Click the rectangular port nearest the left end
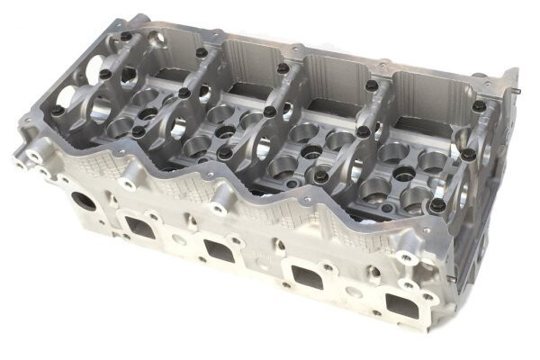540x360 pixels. click(x=140, y=226)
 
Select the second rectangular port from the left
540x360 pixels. click(x=219, y=249)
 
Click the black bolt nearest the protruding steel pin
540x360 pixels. click(x=479, y=106)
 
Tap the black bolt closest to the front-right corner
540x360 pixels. click(x=439, y=206)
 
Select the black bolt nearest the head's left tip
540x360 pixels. click(x=56, y=112)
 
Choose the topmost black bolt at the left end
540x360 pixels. click(x=125, y=37)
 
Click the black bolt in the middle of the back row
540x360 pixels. click(x=283, y=67)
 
